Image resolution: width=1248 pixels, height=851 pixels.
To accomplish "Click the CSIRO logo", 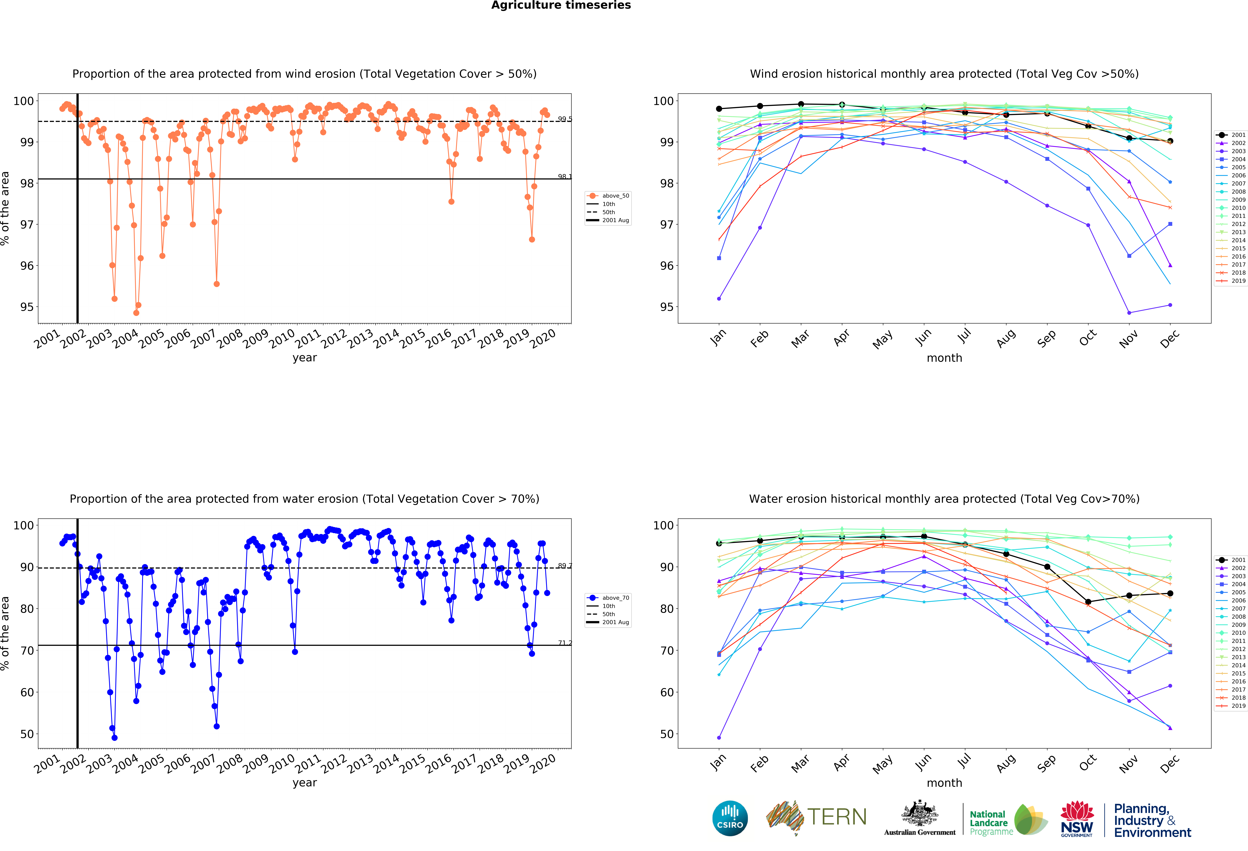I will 730,818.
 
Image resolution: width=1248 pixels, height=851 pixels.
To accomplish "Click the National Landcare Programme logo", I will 1008,819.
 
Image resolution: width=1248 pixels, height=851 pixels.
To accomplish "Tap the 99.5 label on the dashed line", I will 564,119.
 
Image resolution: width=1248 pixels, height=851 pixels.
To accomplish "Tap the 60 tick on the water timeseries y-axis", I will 27,692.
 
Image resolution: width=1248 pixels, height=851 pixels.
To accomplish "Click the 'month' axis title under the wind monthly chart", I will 944,358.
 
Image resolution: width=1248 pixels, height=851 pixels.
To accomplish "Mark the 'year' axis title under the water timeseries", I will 305,782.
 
